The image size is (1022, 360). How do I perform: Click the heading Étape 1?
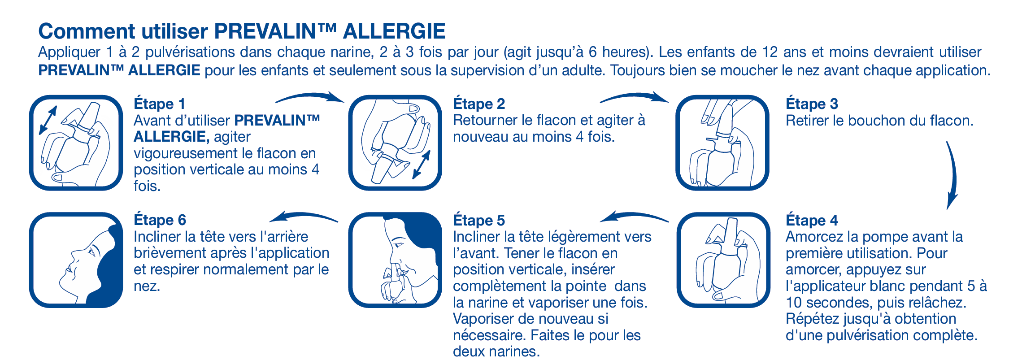159,104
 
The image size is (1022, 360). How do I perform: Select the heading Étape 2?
478,104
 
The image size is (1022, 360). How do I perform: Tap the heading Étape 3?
812,104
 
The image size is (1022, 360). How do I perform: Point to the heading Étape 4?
812,221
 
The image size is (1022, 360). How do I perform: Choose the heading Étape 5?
478,221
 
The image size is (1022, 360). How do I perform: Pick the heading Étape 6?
160,220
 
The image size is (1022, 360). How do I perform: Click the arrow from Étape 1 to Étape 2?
309,96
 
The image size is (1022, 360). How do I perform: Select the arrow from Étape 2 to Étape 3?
634,96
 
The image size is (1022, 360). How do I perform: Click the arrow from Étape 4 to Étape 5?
634,216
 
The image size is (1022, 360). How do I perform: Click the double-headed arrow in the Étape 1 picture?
48,120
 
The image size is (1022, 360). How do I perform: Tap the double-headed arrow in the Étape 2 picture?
422,165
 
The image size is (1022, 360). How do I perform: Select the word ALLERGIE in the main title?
394,31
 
